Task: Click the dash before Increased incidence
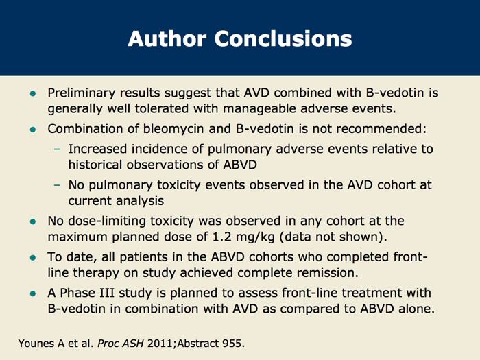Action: point(58,147)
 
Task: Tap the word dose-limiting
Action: point(105,221)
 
